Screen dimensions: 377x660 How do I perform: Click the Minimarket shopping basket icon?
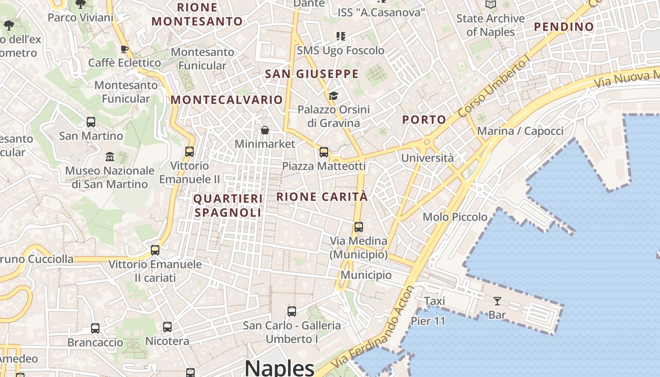click(265, 130)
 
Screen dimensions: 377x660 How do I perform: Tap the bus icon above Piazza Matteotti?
click(324, 152)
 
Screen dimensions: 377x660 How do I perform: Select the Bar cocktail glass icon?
click(497, 301)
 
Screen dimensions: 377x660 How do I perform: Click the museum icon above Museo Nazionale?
click(110, 156)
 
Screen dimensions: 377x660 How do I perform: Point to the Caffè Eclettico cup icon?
click(124, 49)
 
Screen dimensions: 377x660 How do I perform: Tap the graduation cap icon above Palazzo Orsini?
click(333, 96)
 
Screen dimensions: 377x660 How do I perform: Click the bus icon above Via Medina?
click(359, 227)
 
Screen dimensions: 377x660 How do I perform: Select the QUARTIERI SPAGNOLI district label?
click(228, 205)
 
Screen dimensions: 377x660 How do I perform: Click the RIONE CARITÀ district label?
click(322, 197)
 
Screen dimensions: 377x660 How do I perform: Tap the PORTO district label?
click(424, 120)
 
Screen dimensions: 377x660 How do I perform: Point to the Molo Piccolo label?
click(455, 217)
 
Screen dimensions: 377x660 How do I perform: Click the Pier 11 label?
click(428, 321)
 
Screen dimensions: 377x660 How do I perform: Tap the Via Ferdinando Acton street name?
click(373, 327)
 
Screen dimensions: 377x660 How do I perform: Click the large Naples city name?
click(280, 367)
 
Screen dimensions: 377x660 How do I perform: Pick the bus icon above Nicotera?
click(167, 327)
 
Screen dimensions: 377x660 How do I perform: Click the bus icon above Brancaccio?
click(95, 328)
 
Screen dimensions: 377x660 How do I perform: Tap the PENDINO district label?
click(563, 27)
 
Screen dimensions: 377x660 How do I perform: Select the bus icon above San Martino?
click(91, 122)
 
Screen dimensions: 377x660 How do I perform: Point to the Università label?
click(427, 158)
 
